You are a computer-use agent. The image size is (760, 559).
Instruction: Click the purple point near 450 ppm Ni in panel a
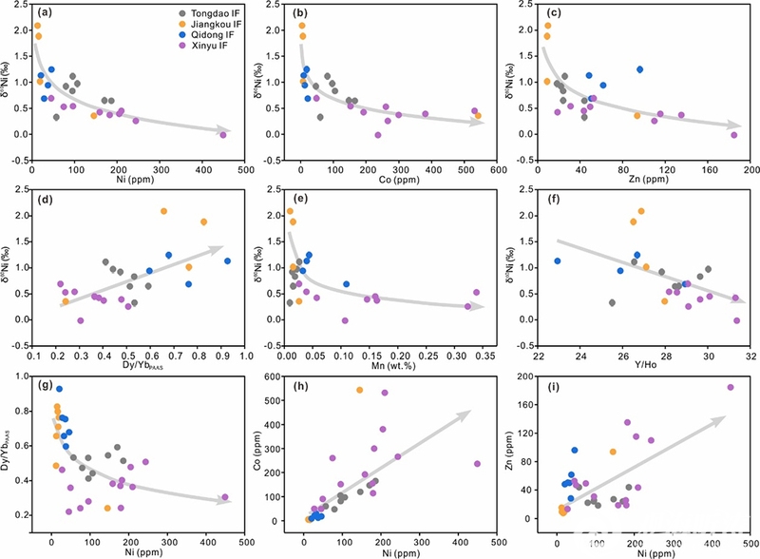(x=223, y=135)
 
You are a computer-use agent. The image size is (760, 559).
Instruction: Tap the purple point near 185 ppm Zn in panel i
(x=731, y=387)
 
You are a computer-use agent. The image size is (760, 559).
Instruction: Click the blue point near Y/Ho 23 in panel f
(x=558, y=261)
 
